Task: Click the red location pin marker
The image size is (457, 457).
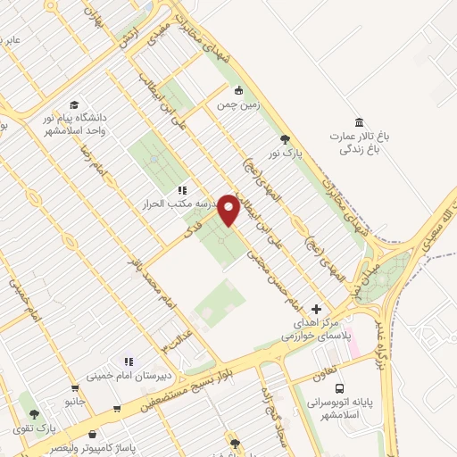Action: pos(229,211)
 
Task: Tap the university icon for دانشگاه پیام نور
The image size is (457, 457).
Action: pos(73,104)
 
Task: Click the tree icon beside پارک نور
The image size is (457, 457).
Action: pos(285,138)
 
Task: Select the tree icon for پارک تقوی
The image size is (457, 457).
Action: pos(34,414)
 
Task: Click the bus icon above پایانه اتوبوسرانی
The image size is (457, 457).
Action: pos(339,388)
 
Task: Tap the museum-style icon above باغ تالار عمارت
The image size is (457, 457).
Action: pos(359,122)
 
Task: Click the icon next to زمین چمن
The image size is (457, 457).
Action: pos(239,90)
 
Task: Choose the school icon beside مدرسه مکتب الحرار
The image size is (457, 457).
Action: pos(182,190)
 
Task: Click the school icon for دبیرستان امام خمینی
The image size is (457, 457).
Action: pos(129,361)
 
